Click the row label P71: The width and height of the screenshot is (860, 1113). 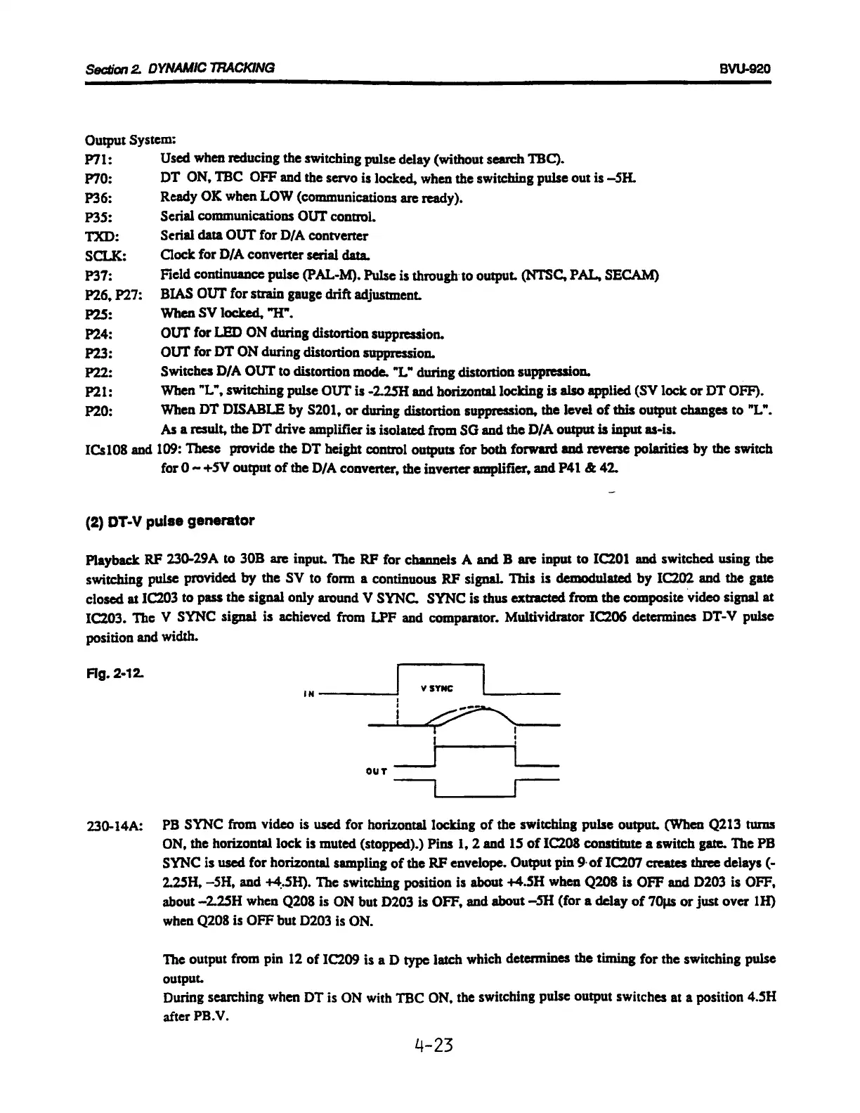tap(95, 158)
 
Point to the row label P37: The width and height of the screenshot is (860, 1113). tap(95, 275)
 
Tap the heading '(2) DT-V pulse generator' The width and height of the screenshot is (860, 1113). tap(169, 521)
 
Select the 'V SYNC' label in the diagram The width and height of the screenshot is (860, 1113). tap(437, 689)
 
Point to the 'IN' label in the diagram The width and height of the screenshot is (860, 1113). tap(307, 695)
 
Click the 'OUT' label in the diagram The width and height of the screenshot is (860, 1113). tap(377, 772)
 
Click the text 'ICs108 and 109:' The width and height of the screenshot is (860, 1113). tap(120, 449)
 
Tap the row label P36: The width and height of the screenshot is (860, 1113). tap(95, 197)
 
